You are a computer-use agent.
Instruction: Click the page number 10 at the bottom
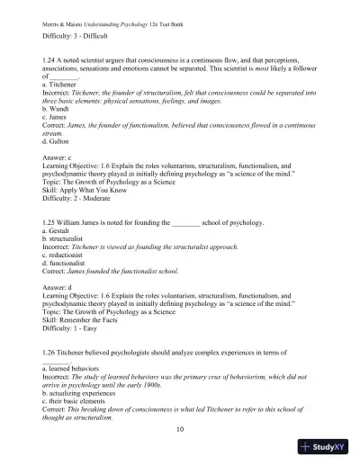180,431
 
